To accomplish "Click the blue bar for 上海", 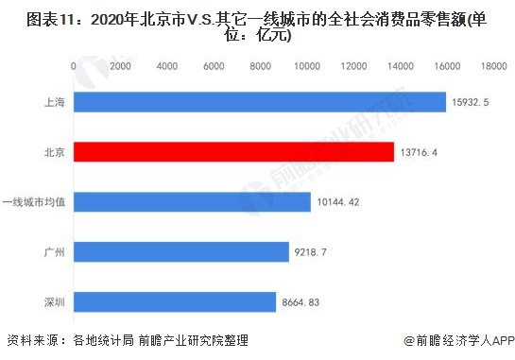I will [260, 102].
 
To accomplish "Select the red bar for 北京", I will [233, 152].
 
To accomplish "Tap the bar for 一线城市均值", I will [192, 202].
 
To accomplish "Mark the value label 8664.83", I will [308, 302].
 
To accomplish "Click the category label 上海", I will [52, 102].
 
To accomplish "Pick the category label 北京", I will [52, 152].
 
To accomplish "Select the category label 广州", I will [52, 252].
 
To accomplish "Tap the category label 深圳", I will [52, 302].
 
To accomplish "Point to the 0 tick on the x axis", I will [74, 66].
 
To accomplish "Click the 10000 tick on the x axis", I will [307, 66].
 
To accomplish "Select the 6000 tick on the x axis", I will [214, 66].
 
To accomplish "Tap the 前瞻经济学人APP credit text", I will [457, 342].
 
